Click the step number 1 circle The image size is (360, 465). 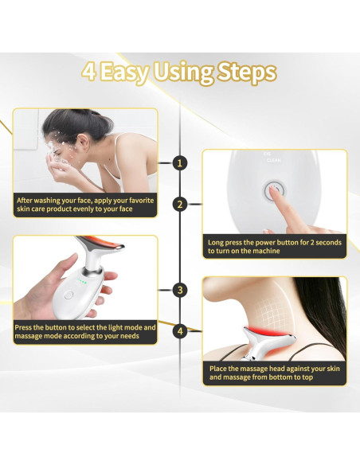tap(180, 162)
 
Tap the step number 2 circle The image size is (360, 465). tap(180, 205)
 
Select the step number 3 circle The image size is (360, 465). tap(180, 290)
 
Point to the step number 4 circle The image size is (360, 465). tap(180, 331)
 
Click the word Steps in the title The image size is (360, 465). tap(247, 72)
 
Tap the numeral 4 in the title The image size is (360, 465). tap(88, 72)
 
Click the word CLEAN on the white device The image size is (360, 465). tap(273, 160)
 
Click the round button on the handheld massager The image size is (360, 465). tap(68, 295)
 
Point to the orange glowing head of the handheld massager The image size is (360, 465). tap(102, 244)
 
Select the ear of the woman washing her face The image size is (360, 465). tap(83, 143)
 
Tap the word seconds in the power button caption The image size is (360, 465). tap(329, 243)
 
